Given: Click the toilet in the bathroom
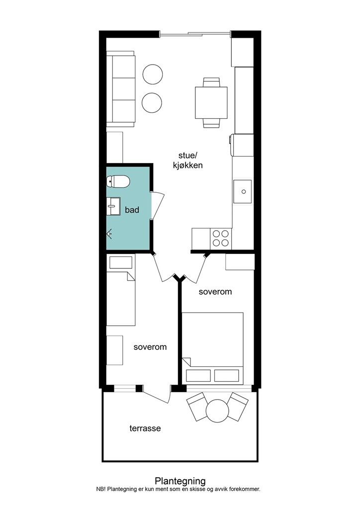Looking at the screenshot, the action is point(118,181).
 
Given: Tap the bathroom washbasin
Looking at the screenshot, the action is point(113,206).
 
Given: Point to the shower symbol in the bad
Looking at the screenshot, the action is point(110,234).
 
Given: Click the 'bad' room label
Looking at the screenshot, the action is point(132,210).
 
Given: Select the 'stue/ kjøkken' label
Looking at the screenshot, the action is point(187,160).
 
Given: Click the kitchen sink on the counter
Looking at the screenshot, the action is point(243,191).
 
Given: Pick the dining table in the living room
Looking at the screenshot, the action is point(211,102).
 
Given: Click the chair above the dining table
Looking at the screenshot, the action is point(212,82).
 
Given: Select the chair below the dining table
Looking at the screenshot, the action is point(212,123).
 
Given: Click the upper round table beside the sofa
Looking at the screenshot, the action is point(153,75).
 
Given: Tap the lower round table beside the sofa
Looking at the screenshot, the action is point(152,102).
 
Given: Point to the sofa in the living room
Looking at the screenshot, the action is point(121,89).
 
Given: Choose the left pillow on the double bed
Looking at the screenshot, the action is point(198,376).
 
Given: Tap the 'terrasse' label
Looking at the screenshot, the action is point(145,428).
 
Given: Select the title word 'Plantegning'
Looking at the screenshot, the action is point(180,481).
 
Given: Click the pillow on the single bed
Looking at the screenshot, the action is point(121,262).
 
